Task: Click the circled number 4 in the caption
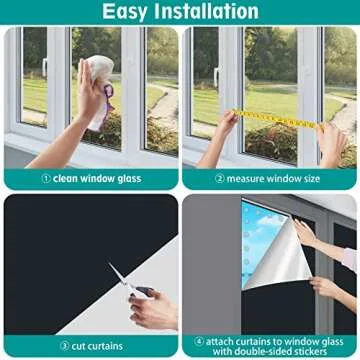tap(200, 340)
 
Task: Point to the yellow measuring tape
tap(270, 118)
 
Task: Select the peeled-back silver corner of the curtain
tap(275, 255)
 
